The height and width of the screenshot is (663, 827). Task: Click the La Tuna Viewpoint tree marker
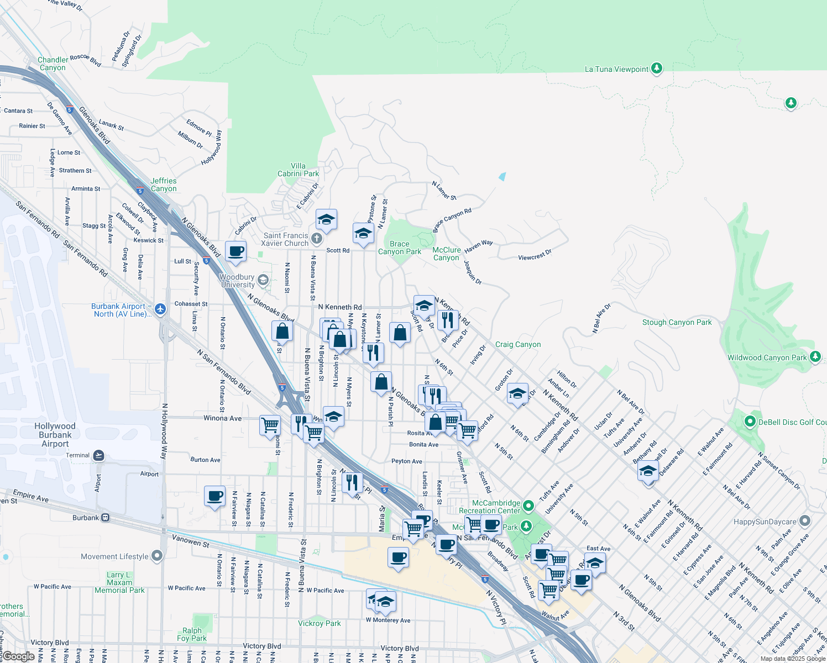[656, 69]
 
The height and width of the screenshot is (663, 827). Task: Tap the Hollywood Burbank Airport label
[55, 435]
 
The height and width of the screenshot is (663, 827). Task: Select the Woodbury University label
[238, 281]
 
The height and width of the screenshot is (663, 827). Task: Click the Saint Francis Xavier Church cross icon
[316, 239]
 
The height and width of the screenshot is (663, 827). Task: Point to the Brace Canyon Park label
[400, 248]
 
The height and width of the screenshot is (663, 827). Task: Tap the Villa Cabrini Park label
[298, 170]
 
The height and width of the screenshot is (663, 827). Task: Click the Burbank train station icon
[105, 518]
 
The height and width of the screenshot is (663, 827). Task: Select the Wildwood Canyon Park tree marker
[815, 357]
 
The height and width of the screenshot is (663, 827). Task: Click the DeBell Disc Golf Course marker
[750, 422]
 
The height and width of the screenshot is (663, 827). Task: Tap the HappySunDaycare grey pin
[805, 521]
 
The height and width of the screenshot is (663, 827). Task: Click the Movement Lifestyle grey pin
[158, 556]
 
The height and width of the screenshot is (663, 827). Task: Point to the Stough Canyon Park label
[677, 322]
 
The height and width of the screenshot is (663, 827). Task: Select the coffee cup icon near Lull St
[236, 251]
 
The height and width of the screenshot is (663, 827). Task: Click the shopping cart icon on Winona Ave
[270, 425]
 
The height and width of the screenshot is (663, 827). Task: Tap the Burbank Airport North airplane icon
[160, 309]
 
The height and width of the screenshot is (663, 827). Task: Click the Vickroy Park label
[320, 623]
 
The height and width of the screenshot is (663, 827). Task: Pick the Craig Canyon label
[518, 344]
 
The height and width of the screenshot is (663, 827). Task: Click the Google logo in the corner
[18, 656]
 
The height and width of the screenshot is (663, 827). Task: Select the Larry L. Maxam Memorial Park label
[119, 582]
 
